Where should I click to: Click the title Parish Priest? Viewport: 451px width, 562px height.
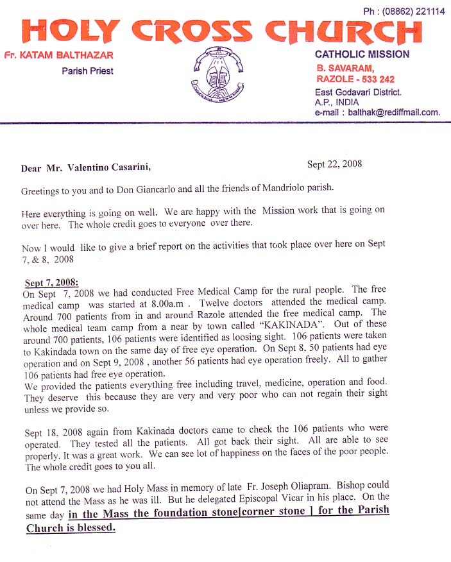coord(87,71)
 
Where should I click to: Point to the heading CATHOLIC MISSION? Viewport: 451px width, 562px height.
coord(362,55)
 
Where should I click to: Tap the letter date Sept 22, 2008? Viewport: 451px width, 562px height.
coord(334,164)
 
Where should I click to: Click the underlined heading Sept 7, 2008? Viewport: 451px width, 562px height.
coord(51,283)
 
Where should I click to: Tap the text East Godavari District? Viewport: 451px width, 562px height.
coord(358,92)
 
